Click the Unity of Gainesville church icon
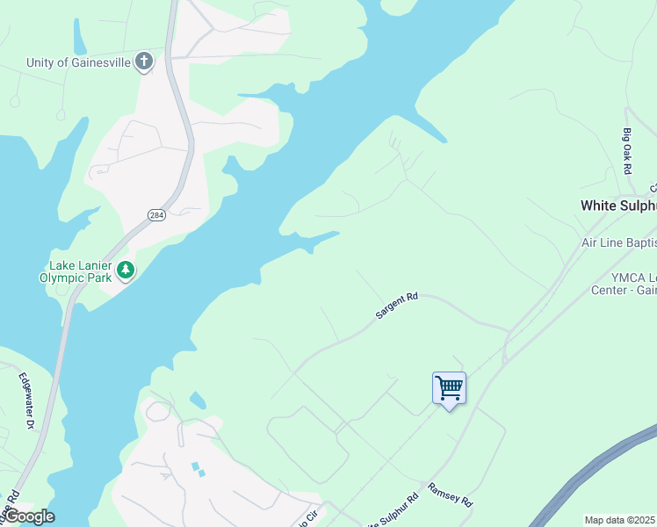pyautogui.click(x=144, y=61)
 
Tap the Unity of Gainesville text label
pyautogui.click(x=77, y=61)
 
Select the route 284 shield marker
pyautogui.click(x=156, y=214)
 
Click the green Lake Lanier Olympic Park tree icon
pyautogui.click(x=126, y=271)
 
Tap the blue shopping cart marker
pyautogui.click(x=449, y=387)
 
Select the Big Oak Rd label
pyautogui.click(x=628, y=150)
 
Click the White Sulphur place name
pyautogui.click(x=617, y=206)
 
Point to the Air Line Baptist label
pyautogui.click(x=618, y=242)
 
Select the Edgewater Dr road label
pyautogui.click(x=26, y=401)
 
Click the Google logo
pyautogui.click(x=28, y=516)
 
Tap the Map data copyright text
pyautogui.click(x=620, y=520)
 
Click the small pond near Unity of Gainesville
pyautogui.click(x=80, y=40)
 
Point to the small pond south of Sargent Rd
pyautogui.click(x=198, y=401)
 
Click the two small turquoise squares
pyautogui.click(x=197, y=469)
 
